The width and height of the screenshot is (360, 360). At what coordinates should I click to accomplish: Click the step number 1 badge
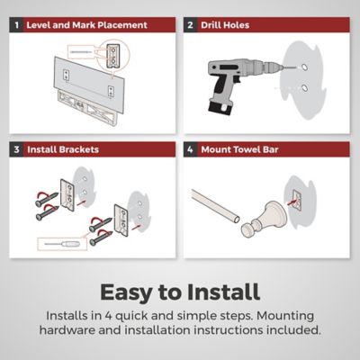click(x=16, y=25)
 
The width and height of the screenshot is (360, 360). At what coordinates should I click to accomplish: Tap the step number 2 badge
click(x=191, y=25)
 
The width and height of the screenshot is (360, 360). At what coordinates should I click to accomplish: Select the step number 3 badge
click(x=16, y=149)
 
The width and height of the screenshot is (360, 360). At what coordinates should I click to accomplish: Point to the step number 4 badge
click(x=191, y=149)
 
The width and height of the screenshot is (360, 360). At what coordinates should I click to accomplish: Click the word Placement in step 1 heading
click(x=122, y=25)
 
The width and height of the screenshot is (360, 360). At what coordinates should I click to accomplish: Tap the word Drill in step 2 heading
click(x=211, y=25)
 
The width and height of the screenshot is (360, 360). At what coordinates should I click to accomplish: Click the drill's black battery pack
click(x=220, y=107)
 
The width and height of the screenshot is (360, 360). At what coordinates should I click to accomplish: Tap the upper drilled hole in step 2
click(x=304, y=67)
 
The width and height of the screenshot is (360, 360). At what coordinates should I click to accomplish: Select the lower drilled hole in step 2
click(x=304, y=88)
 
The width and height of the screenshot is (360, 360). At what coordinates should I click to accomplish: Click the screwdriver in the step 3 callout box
click(x=62, y=244)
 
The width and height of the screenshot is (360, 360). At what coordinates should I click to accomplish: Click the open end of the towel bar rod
click(x=237, y=220)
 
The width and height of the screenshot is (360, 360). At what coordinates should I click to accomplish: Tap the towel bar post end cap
click(x=248, y=229)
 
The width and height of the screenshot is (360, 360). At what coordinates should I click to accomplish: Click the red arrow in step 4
click(x=292, y=202)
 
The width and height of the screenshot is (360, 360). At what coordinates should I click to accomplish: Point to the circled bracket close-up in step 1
click(x=113, y=55)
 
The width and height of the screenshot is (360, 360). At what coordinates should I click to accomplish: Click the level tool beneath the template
click(x=88, y=107)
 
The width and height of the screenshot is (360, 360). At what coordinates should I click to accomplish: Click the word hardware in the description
click(x=67, y=330)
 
